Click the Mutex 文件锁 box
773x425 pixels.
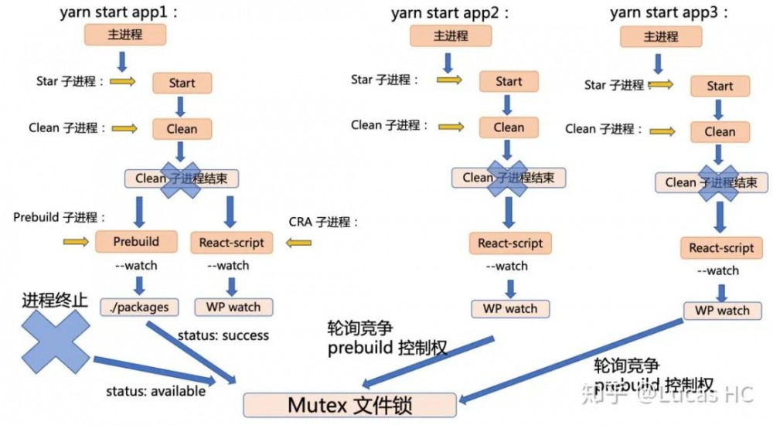click(x=349, y=405)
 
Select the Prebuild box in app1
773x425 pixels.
click(x=136, y=242)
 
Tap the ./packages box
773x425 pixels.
click(x=139, y=307)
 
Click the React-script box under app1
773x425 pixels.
click(x=232, y=243)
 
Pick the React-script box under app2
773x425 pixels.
click(x=510, y=243)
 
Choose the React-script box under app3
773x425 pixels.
click(x=721, y=248)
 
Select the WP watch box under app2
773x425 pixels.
click(x=510, y=308)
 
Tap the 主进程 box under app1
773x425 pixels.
click(x=125, y=35)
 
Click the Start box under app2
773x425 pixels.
click(x=509, y=81)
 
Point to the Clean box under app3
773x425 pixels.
click(x=720, y=132)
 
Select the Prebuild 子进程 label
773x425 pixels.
click(x=60, y=218)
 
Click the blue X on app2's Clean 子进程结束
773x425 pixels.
click(x=507, y=178)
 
